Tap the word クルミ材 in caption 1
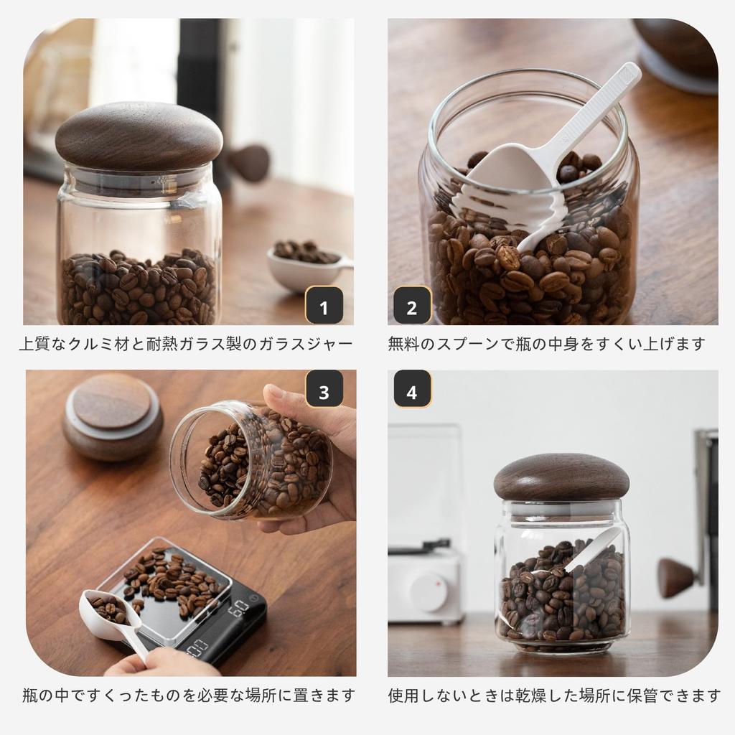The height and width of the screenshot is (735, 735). tap(128, 345)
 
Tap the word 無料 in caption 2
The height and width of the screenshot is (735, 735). tap(404, 345)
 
